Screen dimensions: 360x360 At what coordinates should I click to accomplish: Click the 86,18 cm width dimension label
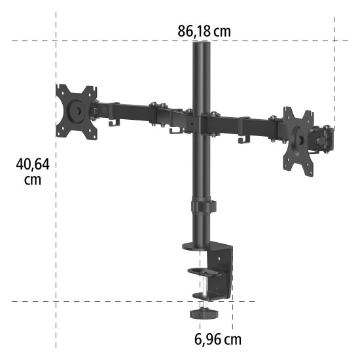[204, 31]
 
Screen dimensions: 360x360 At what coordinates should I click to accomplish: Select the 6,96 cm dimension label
[218, 339]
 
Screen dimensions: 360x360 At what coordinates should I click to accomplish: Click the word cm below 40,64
[33, 179]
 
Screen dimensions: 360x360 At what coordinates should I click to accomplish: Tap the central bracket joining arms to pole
[191, 122]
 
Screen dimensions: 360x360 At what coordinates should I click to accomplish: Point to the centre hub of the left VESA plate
[77, 111]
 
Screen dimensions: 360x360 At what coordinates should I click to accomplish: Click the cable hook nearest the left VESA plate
[115, 122]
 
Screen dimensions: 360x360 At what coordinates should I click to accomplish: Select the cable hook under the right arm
[244, 139]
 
